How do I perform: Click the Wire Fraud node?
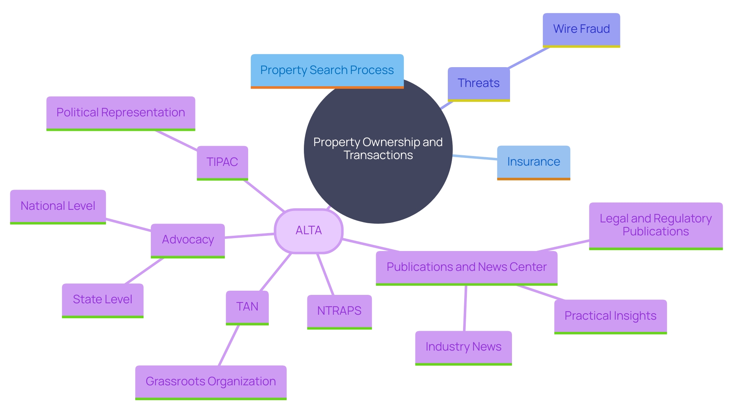pyautogui.click(x=581, y=29)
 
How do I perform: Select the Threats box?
pyautogui.click(x=478, y=83)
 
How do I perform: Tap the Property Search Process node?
pyautogui.click(x=327, y=70)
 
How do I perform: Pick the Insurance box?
pyautogui.click(x=533, y=162)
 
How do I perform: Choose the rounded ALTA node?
pyautogui.click(x=308, y=230)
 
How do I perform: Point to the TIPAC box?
pyautogui.click(x=222, y=162)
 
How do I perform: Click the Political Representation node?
pyautogui.click(x=121, y=113)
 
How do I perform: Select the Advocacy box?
pyautogui.click(x=187, y=240)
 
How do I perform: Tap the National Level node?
pyautogui.click(x=58, y=206)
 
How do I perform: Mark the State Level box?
pyautogui.click(x=102, y=299)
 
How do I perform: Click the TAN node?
pyautogui.click(x=247, y=307)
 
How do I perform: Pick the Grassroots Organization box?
pyautogui.click(x=211, y=381)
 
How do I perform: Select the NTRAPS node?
pyautogui.click(x=339, y=311)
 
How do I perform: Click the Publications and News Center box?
pyautogui.click(x=466, y=267)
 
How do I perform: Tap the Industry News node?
pyautogui.click(x=463, y=347)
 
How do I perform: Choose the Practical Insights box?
pyautogui.click(x=610, y=316)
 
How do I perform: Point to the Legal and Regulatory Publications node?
pyautogui.click(x=656, y=225)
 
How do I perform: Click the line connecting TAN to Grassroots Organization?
pyautogui.click(x=229, y=345)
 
